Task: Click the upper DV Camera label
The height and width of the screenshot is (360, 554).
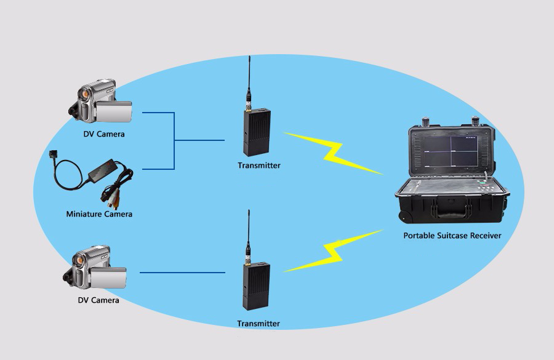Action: [104, 134]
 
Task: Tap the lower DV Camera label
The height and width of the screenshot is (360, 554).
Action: [98, 300]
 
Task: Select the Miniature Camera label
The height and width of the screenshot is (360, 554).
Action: [99, 214]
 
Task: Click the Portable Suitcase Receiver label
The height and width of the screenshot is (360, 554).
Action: [452, 236]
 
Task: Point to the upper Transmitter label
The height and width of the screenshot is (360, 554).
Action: [259, 166]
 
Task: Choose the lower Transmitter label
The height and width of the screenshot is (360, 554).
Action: [259, 324]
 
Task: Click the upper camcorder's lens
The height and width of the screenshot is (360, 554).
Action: [85, 94]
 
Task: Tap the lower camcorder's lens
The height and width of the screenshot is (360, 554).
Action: [79, 261]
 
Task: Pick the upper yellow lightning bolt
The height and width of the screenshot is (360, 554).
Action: [334, 153]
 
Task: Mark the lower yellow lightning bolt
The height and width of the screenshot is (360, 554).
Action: [334, 251]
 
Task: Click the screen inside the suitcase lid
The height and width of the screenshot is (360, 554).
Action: [451, 151]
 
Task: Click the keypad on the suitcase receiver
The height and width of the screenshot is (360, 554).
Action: [485, 186]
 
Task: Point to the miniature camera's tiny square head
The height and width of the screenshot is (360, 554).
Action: [53, 154]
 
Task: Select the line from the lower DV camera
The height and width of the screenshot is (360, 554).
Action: [182, 273]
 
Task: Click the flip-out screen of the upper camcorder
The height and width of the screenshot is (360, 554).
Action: [114, 111]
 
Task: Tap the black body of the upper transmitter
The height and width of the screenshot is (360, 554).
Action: [257, 132]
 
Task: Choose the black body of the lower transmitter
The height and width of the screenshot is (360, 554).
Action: [257, 286]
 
